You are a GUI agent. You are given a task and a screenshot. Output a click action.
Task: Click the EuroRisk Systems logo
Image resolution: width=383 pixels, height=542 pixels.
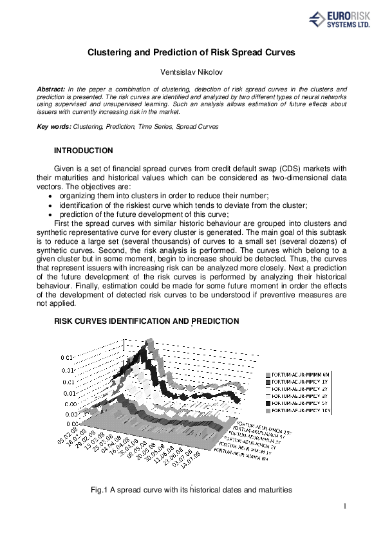coord(344,21)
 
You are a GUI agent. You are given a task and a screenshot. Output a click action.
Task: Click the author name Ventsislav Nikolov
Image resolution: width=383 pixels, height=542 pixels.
coord(191,73)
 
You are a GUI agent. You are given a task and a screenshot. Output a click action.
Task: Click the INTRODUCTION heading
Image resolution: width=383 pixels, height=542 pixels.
coord(84,151)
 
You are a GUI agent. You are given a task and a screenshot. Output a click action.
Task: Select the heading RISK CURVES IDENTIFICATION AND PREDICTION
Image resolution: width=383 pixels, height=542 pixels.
coord(147,321)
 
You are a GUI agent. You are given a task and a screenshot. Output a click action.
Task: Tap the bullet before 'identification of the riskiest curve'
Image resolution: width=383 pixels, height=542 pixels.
coord(52,205)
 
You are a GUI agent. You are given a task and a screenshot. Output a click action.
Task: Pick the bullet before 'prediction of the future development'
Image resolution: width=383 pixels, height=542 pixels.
coord(52,215)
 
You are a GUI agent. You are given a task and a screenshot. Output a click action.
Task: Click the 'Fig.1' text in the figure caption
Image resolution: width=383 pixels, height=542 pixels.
coord(100,490)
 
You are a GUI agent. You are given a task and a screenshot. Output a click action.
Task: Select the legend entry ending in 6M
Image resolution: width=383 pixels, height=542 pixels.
coord(295,374)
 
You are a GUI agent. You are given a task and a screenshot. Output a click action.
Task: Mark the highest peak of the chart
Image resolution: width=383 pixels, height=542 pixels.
coord(149,341)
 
